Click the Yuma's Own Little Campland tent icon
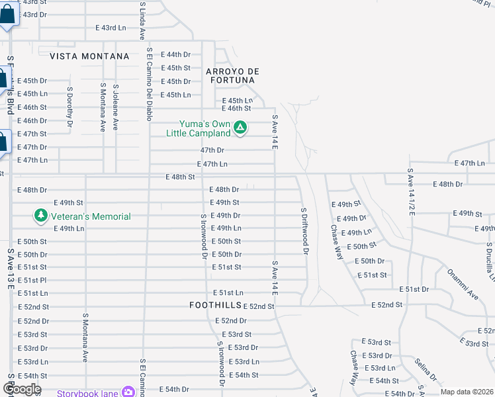click(240, 126)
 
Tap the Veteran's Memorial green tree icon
click(41, 216)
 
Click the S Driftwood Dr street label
click(304, 231)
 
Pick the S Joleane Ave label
click(115, 107)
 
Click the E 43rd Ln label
click(111, 28)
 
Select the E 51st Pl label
click(32, 280)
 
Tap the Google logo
click(22, 389)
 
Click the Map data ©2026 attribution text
click(467, 392)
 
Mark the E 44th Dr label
click(177, 54)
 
